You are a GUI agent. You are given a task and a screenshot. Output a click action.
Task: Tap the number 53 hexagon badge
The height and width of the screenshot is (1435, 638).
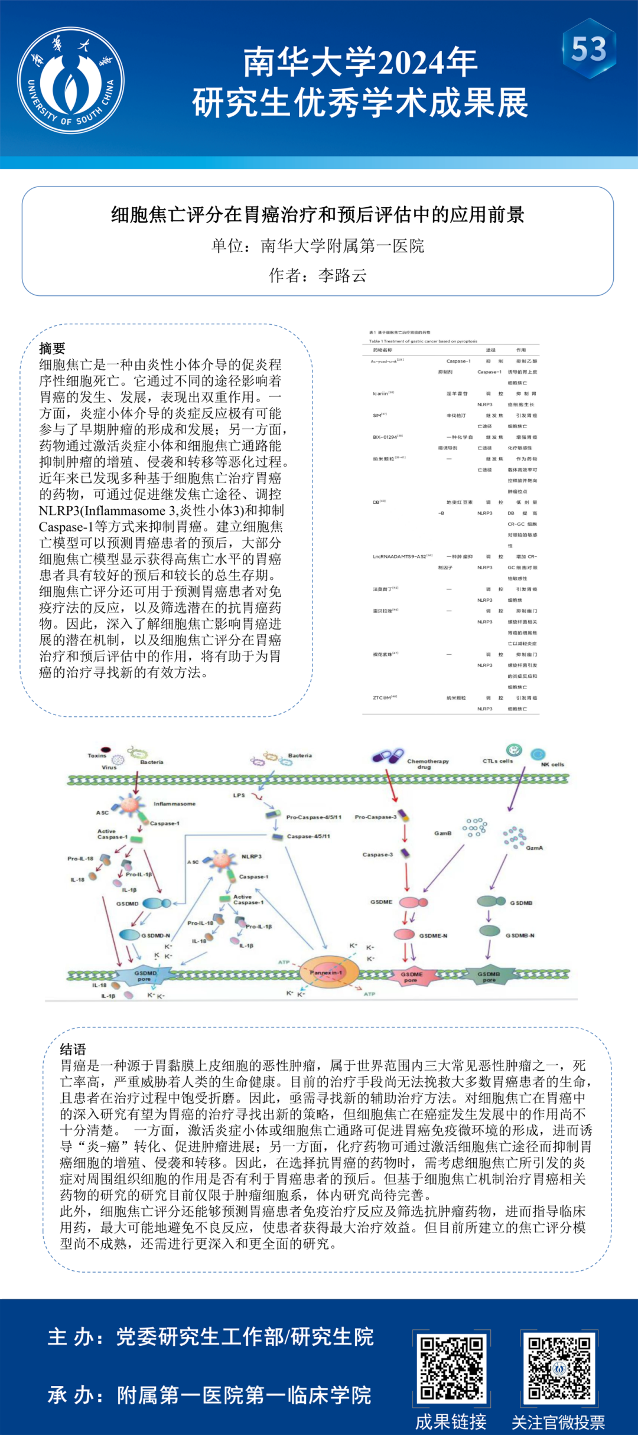589,48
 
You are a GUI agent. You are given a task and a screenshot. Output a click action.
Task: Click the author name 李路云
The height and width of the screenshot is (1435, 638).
342,275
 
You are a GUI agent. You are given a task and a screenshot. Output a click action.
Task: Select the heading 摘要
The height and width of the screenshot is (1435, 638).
52,348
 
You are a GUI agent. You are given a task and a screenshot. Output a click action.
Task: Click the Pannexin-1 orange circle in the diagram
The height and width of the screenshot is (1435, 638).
325,973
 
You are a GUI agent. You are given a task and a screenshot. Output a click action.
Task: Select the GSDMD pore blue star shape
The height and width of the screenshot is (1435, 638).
145,975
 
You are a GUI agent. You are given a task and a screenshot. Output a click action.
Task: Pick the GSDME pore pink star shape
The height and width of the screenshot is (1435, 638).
411,977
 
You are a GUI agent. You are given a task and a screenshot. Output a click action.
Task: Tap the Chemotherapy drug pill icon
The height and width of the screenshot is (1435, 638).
388,756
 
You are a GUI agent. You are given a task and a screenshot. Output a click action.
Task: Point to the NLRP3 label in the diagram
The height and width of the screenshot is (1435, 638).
252,856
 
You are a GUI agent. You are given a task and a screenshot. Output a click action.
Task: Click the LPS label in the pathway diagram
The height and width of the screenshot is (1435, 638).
239,795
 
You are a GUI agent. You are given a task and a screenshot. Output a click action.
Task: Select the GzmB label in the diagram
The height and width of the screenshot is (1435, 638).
442,833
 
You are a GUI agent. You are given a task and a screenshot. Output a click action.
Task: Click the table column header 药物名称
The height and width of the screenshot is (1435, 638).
382,350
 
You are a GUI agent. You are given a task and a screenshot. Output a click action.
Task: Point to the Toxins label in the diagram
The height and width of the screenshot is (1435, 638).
97,755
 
